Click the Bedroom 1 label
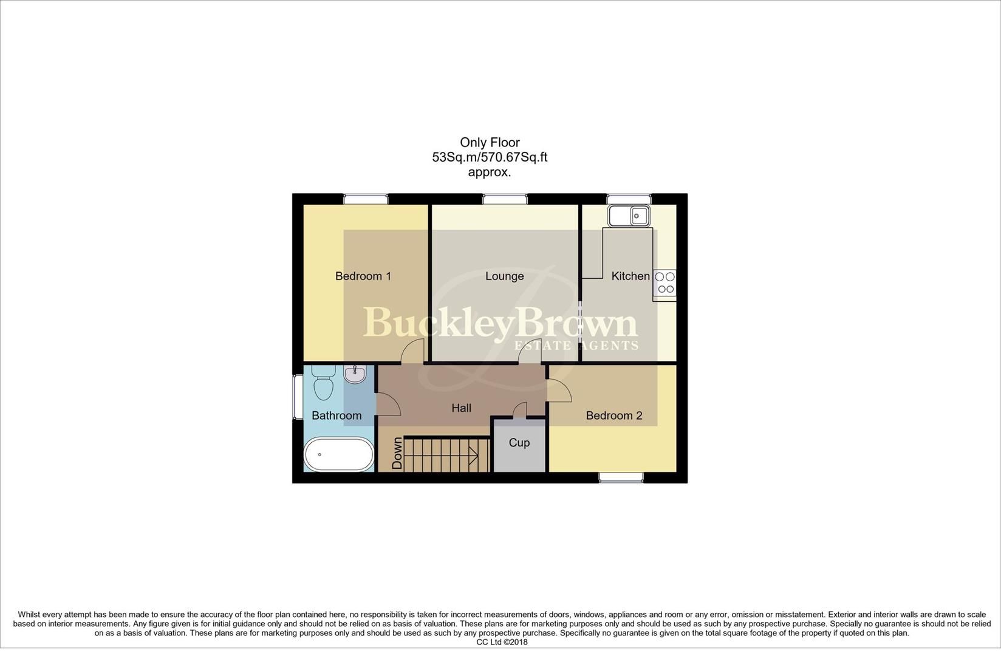363,276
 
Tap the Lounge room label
504,276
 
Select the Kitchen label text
630,276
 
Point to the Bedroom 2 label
613,416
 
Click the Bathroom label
337,416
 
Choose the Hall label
461,408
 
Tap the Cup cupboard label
519,443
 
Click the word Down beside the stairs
397,453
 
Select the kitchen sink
629,215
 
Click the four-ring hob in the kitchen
664,283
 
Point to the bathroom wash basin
354,374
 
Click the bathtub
339,454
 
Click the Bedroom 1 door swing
413,351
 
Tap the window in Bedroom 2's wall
621,477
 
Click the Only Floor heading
490,143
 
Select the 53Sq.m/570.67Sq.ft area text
490,157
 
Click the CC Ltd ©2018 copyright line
502,642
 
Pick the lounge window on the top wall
505,199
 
